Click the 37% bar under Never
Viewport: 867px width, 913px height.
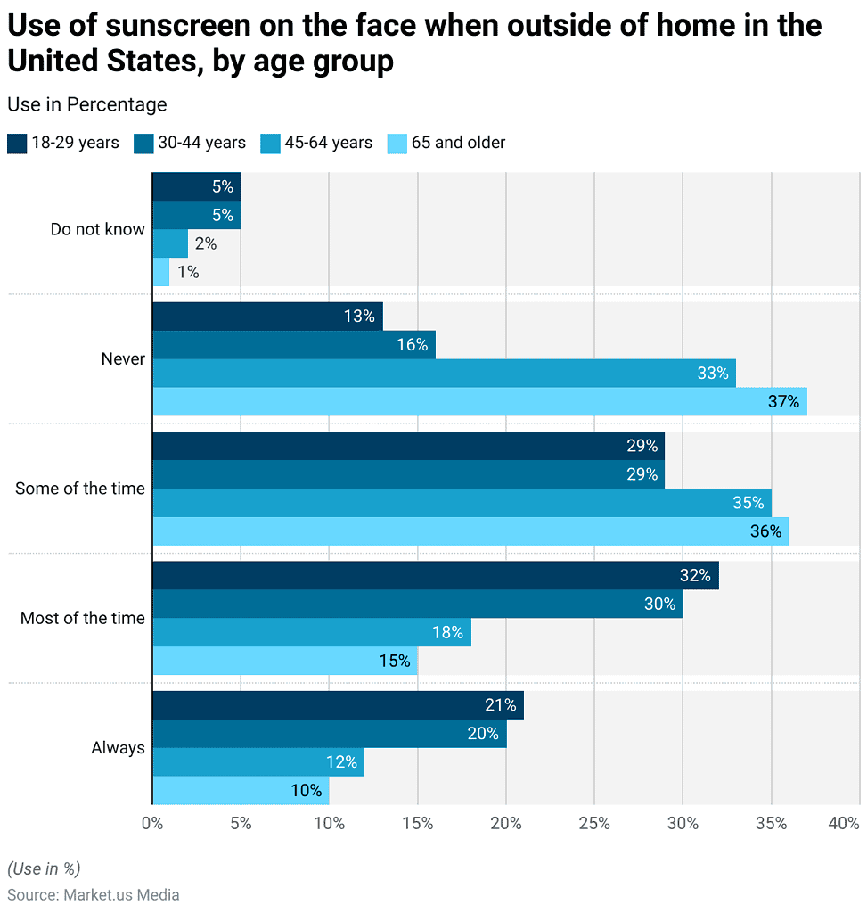[480, 402]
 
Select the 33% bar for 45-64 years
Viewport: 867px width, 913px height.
[445, 374]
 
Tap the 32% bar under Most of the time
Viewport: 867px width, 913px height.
[436, 575]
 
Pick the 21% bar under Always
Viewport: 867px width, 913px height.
[338, 705]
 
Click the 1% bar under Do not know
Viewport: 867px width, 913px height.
[161, 272]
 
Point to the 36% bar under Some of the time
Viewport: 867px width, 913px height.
[470, 531]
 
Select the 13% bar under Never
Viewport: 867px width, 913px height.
[267, 317]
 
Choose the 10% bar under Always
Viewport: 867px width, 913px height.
[241, 791]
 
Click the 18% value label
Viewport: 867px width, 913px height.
[447, 632]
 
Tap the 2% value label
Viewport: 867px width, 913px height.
[206, 243]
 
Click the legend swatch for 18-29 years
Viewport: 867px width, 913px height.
[17, 144]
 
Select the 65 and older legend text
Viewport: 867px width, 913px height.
[459, 143]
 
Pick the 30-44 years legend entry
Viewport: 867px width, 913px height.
[190, 144]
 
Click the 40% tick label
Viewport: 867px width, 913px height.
[844, 823]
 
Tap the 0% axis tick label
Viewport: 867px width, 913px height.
[152, 823]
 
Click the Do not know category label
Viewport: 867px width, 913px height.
[98, 229]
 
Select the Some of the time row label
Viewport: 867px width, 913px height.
[80, 489]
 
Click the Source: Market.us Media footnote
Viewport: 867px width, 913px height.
[93, 895]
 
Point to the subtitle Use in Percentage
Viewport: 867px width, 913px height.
[87, 105]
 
